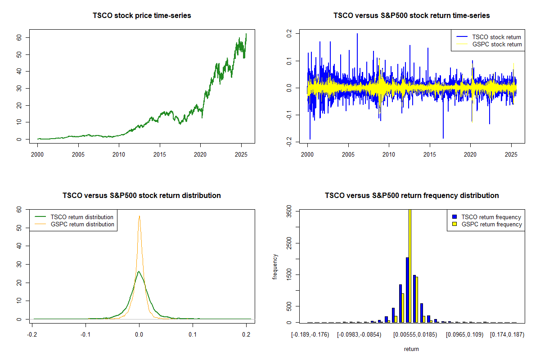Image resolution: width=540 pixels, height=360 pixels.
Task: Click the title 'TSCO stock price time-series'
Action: (142, 16)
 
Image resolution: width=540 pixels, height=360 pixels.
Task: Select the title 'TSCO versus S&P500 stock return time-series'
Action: (411, 16)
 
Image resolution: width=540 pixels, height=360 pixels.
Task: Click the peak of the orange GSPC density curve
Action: (139, 216)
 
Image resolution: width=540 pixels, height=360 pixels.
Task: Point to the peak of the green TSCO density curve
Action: (139, 271)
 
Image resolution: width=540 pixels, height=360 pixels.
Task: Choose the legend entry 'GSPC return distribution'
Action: (82, 224)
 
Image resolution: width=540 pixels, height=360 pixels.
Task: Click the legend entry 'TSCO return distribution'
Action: (82, 217)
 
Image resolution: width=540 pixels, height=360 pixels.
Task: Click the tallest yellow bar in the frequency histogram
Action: (409, 265)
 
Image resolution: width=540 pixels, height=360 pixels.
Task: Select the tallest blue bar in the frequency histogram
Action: (407, 290)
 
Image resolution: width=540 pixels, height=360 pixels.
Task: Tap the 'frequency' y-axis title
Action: (275, 267)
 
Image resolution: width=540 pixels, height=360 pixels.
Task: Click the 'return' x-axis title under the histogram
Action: (411, 349)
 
